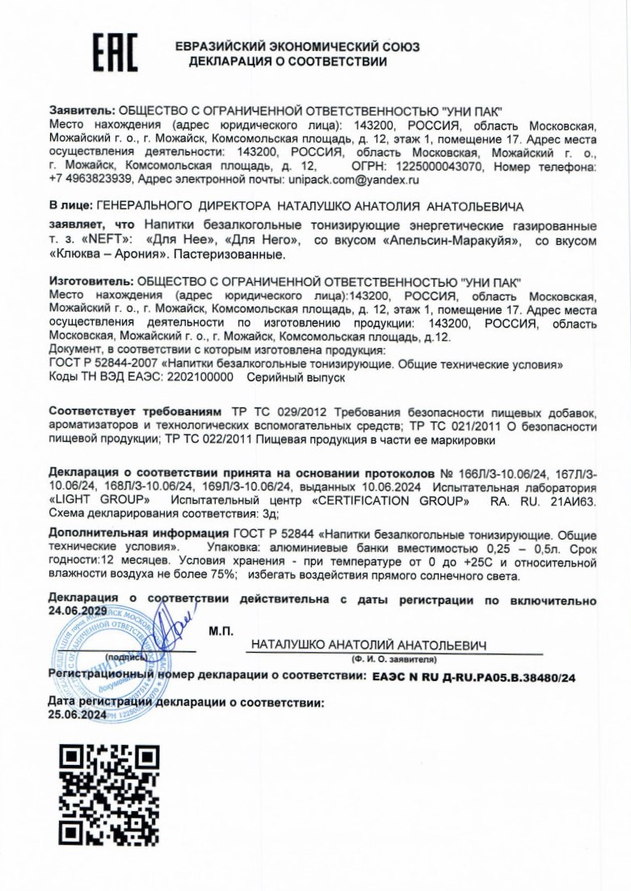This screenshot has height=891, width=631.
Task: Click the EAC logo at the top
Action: [114, 53]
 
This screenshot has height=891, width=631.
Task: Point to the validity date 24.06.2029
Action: [78, 612]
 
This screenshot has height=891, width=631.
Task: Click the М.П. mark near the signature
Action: [221, 629]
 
